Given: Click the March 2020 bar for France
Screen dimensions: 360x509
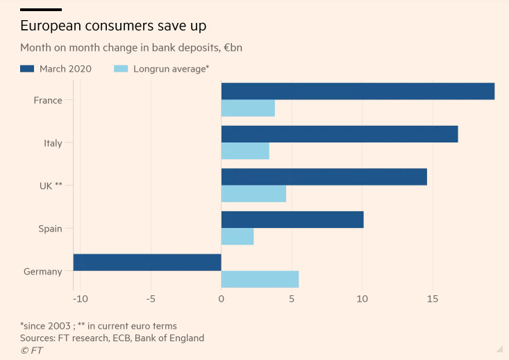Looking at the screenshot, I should click(x=358, y=91).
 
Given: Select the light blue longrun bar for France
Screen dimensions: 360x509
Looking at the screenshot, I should click(x=248, y=108).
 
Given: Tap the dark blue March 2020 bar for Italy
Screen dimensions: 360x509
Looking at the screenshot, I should click(x=340, y=134).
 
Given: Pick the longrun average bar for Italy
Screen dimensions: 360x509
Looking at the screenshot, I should click(x=245, y=151).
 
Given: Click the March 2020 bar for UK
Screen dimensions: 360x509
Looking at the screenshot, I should click(x=324, y=177).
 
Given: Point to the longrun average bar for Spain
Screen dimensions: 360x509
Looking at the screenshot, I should click(x=237, y=236).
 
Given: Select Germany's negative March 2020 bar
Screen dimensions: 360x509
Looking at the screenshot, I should click(x=147, y=262).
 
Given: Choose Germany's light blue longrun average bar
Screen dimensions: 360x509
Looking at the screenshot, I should click(x=260, y=279).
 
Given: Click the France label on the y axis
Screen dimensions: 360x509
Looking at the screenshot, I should click(x=48, y=100).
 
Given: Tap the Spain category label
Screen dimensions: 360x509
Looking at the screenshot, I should click(x=50, y=229).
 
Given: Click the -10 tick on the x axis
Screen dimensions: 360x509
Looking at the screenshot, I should click(x=80, y=299).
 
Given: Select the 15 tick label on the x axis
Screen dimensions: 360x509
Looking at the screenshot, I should click(x=432, y=299).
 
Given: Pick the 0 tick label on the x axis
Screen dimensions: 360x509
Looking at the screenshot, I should click(x=222, y=299).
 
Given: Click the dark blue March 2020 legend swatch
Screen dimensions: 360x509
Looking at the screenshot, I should click(x=27, y=69).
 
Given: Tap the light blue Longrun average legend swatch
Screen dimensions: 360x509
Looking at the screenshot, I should click(x=121, y=69).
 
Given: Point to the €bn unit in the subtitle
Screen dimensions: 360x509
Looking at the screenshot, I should click(x=233, y=48).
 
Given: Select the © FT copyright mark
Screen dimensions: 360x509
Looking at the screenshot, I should click(x=31, y=350).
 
